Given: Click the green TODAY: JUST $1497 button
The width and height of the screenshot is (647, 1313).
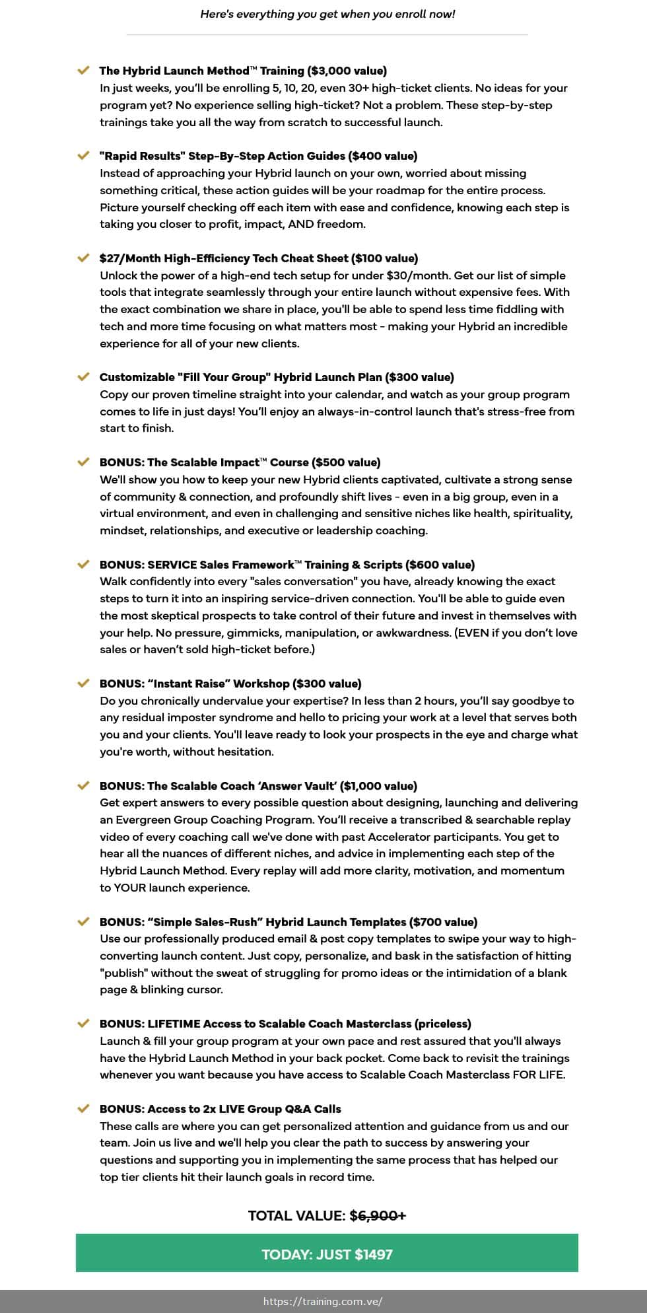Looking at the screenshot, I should [x=327, y=1254].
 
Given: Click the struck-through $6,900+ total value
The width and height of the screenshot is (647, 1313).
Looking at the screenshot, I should [x=378, y=1215].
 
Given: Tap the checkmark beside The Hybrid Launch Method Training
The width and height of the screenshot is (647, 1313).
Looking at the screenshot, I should [x=83, y=70].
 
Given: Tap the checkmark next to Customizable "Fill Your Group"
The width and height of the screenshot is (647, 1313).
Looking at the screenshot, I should [x=83, y=376].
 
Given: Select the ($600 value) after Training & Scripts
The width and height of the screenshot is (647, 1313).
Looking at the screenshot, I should [x=441, y=565].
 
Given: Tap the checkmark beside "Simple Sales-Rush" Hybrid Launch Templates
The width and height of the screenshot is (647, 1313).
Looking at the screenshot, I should [x=83, y=921].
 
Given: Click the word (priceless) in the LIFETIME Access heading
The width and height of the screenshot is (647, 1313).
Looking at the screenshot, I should [x=443, y=1024].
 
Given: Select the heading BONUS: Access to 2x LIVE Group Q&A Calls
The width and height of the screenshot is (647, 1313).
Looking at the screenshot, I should [x=221, y=1109].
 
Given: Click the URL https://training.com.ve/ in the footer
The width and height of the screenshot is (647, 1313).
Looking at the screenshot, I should [x=323, y=1301].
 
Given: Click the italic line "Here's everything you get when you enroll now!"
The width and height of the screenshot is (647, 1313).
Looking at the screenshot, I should [x=327, y=14].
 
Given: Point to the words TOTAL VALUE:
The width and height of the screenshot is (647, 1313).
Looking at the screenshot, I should [x=297, y=1215].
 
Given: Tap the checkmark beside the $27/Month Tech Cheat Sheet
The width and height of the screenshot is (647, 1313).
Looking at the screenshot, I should [x=83, y=258].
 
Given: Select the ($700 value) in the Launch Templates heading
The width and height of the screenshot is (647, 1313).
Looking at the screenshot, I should [x=443, y=922].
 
